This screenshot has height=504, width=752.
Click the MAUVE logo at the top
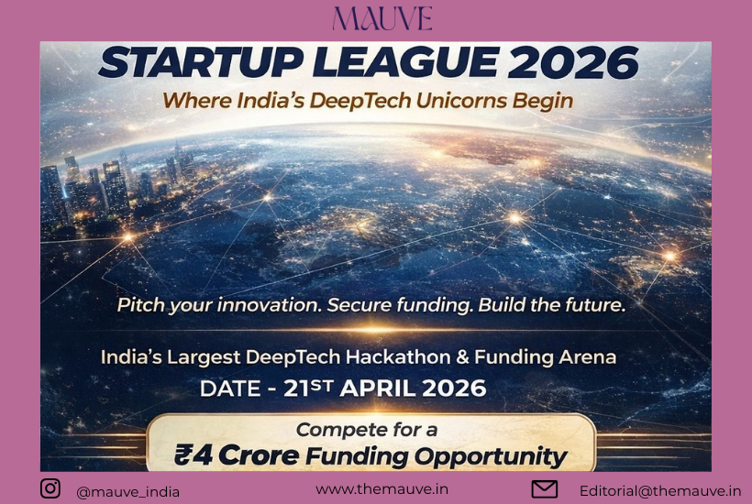tap(382, 18)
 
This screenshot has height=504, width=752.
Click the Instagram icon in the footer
tap(50, 488)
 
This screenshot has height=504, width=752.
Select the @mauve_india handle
tap(127, 491)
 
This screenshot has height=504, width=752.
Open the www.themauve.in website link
tap(382, 489)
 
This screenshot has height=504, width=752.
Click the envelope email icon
tap(545, 489)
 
